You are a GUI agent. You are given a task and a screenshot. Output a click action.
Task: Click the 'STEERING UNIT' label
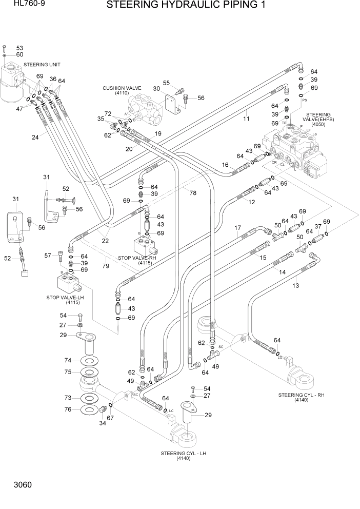(x=42, y=65)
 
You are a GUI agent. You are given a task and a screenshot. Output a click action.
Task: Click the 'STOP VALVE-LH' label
(x=65, y=297)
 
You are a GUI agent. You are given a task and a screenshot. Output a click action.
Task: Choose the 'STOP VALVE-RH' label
(x=137, y=258)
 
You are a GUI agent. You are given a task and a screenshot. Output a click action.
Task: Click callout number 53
(x=19, y=47)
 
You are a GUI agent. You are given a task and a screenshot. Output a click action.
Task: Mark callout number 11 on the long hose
(x=246, y=119)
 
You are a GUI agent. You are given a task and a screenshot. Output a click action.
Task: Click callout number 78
(x=193, y=193)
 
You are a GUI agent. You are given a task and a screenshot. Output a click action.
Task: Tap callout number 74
(x=67, y=361)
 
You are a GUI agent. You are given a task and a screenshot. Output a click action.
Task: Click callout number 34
(x=102, y=423)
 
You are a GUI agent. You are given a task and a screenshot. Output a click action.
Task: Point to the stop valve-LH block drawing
(x=67, y=283)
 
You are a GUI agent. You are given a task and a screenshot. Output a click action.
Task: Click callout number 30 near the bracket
(x=156, y=89)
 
